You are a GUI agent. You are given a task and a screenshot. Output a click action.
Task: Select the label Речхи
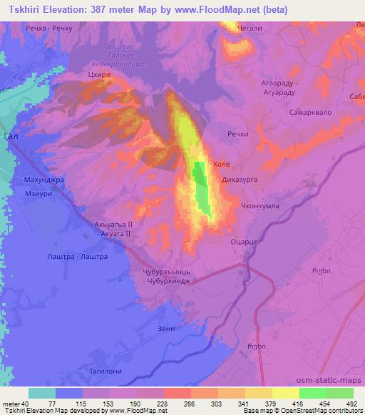click(237, 133)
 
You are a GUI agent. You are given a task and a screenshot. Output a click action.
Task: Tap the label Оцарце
click(243, 242)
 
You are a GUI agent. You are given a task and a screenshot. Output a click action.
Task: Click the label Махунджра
click(45, 180)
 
